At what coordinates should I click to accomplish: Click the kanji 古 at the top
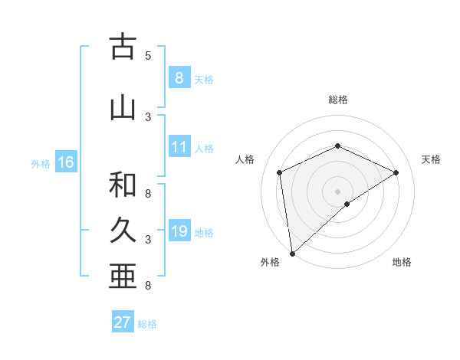coord(123,47)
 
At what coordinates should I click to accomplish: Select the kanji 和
coord(123,185)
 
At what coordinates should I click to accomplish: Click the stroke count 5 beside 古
coord(148,55)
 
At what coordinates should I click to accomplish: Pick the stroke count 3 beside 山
coord(148,116)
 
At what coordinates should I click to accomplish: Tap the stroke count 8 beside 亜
coord(148,286)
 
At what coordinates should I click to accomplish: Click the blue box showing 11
coord(179,147)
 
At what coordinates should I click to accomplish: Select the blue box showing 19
coord(179,231)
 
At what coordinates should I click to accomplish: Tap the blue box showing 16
coord(66,162)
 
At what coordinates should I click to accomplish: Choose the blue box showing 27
coord(123,322)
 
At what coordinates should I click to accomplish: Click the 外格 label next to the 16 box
coord(41,163)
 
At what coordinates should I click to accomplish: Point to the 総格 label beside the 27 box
coord(147,324)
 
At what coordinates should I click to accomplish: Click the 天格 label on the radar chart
coord(432,159)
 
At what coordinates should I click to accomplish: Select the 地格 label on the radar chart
coord(402,262)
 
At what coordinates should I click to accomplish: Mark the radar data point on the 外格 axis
coord(292,253)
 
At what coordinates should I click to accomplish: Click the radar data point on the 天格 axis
coord(396,172)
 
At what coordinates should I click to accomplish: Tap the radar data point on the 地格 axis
coord(347,204)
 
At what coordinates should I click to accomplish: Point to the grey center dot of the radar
coord(337,191)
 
